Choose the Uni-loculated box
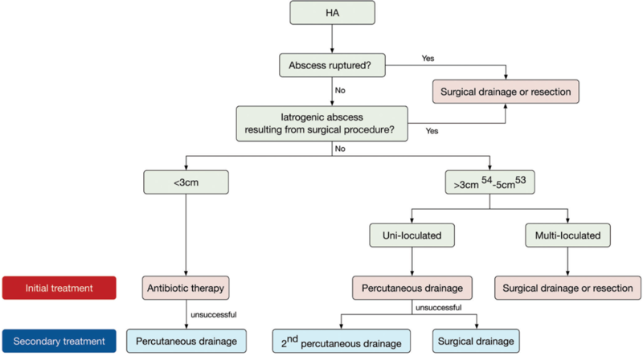412,237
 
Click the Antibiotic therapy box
186,287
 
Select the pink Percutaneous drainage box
412,287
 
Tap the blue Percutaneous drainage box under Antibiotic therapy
186,341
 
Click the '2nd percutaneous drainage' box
342,341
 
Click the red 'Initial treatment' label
59,287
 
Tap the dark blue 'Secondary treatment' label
59,341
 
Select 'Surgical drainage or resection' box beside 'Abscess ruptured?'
506,92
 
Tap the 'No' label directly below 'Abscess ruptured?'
340,90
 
